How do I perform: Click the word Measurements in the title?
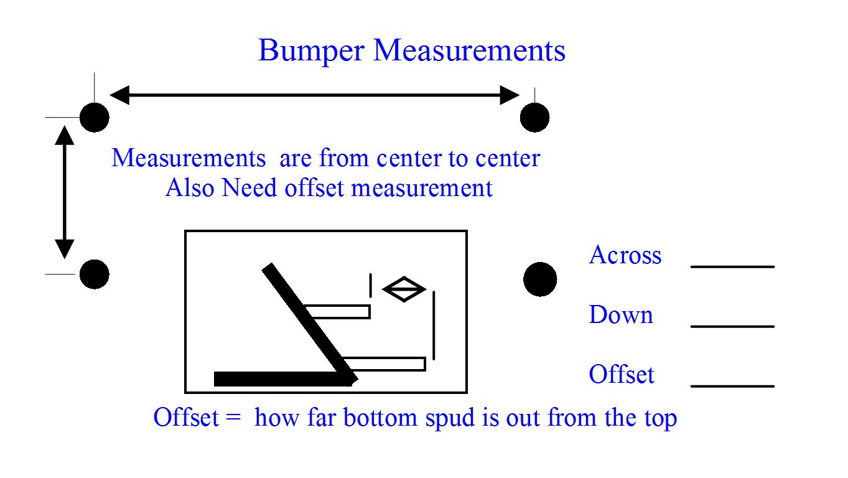click(x=469, y=50)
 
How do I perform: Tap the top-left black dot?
click(x=95, y=118)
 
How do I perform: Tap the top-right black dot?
click(x=534, y=118)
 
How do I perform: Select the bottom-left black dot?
click(x=95, y=274)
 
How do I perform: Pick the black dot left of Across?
click(x=540, y=279)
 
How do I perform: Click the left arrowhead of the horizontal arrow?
click(x=119, y=95)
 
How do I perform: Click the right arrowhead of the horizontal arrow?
click(x=510, y=95)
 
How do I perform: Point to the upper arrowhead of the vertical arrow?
click(x=64, y=135)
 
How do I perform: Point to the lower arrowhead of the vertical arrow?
click(x=64, y=249)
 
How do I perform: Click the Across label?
click(x=625, y=255)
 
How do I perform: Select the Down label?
click(x=622, y=315)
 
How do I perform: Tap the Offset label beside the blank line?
click(x=622, y=374)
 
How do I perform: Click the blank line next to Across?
click(x=732, y=266)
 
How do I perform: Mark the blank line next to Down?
click(x=732, y=327)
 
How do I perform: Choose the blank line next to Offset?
click(x=732, y=387)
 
